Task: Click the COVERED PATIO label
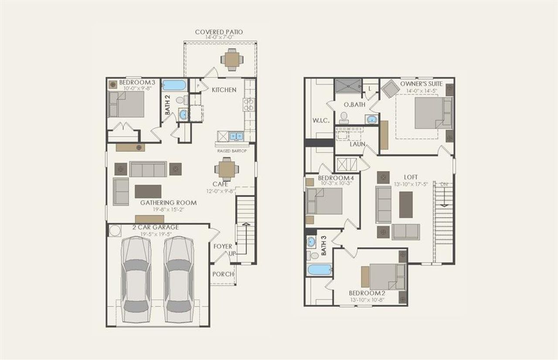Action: (219, 32)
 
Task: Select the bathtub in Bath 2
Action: (174, 85)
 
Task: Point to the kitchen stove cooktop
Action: (249, 104)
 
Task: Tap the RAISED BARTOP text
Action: (232, 151)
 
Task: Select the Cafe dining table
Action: (227, 169)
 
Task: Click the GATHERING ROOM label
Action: (168, 203)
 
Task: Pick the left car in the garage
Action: (136, 279)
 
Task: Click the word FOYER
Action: (223, 247)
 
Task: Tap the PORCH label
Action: (222, 274)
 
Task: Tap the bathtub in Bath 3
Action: (320, 270)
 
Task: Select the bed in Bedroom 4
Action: (324, 201)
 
